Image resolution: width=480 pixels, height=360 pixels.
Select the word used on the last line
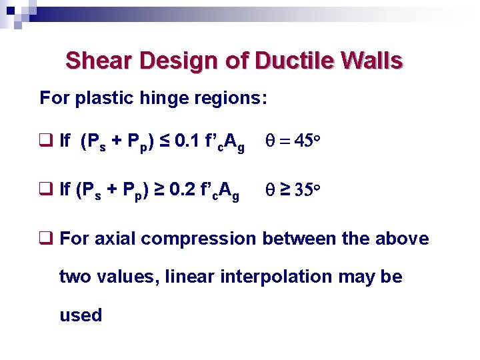(81, 315)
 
